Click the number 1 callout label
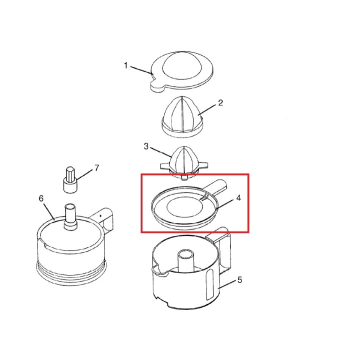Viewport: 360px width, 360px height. pos(125,65)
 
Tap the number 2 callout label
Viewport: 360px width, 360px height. pos(220,102)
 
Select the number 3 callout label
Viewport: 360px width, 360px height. pos(146,146)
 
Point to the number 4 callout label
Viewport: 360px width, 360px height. pos(238,197)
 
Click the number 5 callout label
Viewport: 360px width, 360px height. pos(239,280)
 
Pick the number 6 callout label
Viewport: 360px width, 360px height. pos(41,198)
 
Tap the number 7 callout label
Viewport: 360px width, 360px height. pos(97,168)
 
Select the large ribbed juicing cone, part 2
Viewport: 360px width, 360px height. pos(182,117)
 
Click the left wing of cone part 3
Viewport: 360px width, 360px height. pos(165,166)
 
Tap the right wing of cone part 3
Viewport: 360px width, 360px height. pos(203,165)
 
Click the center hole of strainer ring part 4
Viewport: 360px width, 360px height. pos(185,207)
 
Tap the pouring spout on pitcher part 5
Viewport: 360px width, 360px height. pos(159,270)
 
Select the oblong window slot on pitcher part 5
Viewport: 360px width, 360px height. pos(210,284)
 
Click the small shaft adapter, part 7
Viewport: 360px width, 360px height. pos(70,180)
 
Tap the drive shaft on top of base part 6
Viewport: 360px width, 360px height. pos(70,216)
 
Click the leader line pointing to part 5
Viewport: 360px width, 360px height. pos(227,284)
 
